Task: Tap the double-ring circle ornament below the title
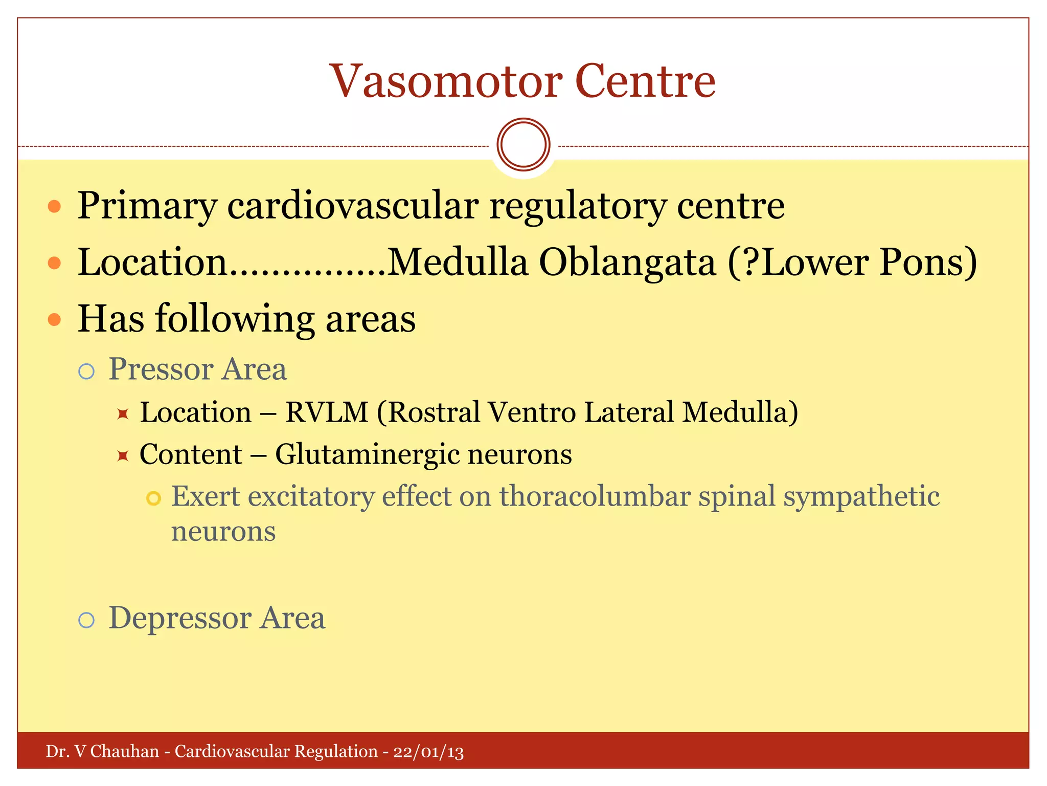523,144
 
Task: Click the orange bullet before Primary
54,207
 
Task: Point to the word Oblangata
627,263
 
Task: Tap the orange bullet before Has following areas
54,320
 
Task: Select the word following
235,319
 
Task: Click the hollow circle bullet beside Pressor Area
86,371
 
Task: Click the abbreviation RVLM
327,412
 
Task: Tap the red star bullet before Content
122,455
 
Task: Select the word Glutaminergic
366,454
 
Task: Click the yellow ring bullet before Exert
153,498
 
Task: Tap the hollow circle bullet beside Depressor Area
86,620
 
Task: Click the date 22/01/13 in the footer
428,752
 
